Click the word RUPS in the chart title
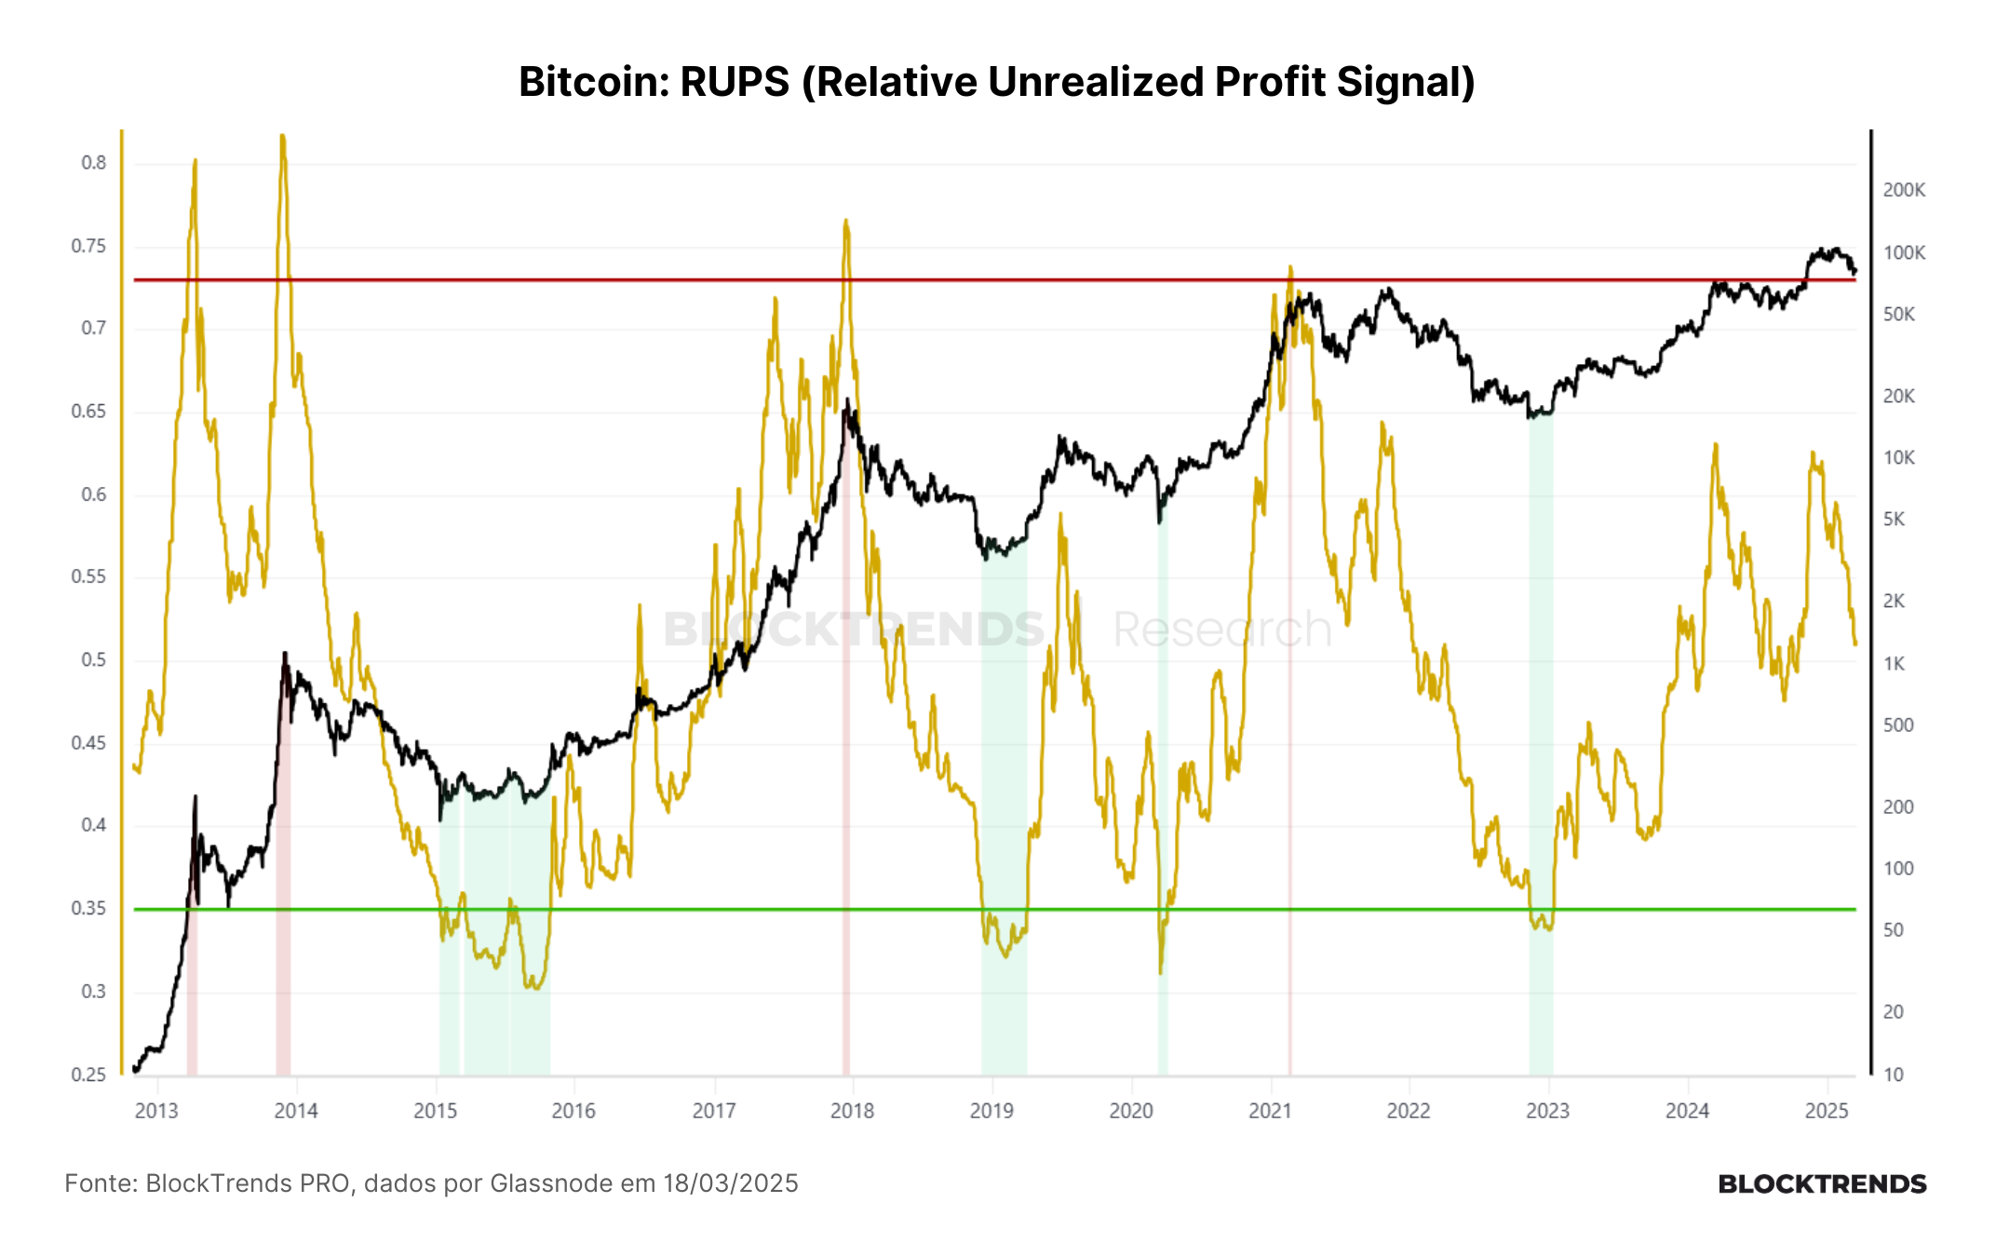pos(735,82)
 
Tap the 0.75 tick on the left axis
pos(88,246)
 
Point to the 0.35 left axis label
pos(88,908)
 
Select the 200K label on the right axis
pos(1904,190)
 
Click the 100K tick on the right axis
pos(1904,252)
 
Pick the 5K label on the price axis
pos(1894,519)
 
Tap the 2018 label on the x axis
pos(852,1110)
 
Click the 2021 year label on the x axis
pos(1270,1110)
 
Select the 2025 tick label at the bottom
pos(1827,1110)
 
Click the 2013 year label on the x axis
pos(156,1110)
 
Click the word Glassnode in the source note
pos(552,1183)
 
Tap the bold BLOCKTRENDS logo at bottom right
pos(1822,1184)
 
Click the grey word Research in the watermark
pos(1222,629)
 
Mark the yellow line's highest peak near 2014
pos(282,136)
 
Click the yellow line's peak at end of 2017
pos(845,221)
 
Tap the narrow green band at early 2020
pos(1163,791)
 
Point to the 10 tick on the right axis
pos(1894,1075)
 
